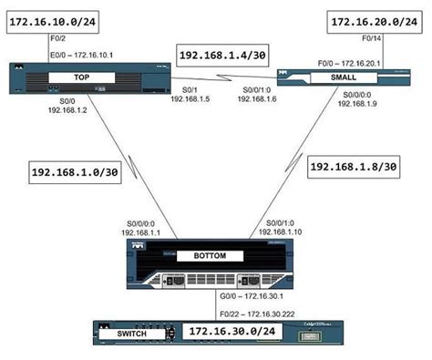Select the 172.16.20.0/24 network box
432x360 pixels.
(375, 19)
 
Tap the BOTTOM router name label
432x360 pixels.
(211, 258)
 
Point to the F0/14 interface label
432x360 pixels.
(374, 41)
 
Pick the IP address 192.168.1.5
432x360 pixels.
(190, 99)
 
